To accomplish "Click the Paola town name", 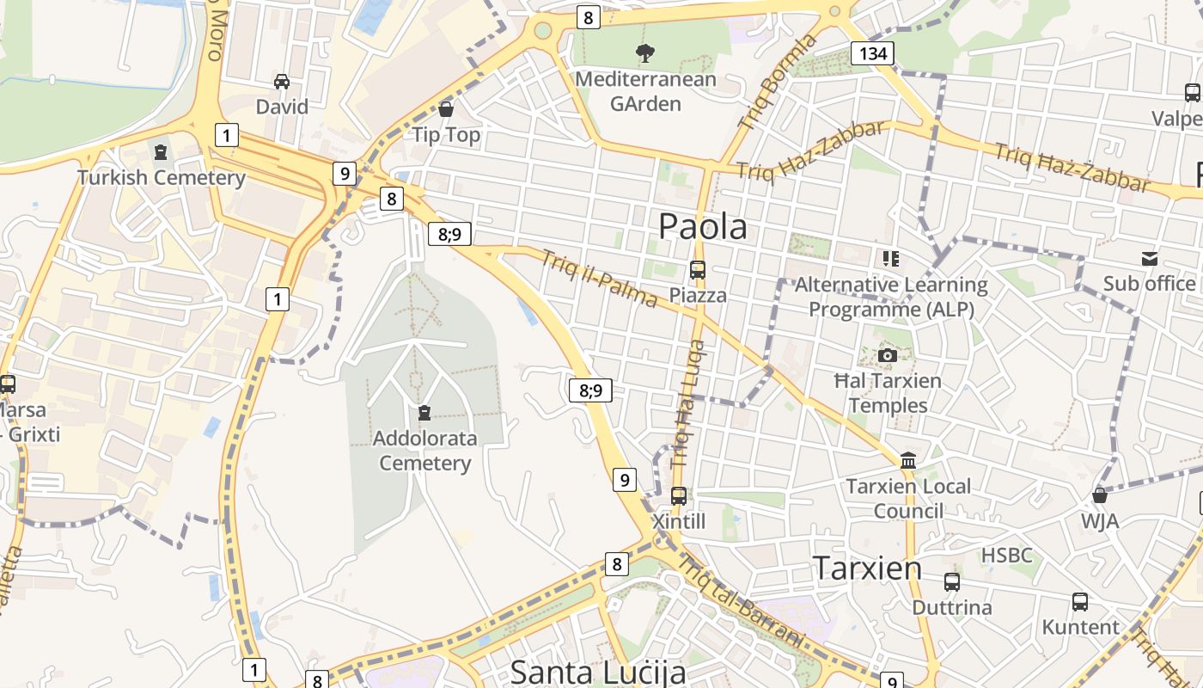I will tap(702, 226).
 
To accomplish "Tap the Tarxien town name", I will tap(867, 568).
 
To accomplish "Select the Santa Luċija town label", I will tap(598, 673).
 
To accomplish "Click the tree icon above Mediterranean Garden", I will tap(644, 54).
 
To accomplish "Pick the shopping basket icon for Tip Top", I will tap(446, 109).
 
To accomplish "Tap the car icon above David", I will tap(282, 82).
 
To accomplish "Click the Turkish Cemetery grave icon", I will tap(161, 152).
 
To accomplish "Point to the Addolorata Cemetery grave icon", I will tap(424, 413).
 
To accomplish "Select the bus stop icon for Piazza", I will tap(698, 269).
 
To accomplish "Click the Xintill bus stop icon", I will tap(679, 495).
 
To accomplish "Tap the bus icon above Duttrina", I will tap(951, 581).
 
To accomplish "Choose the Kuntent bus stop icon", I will tap(1080, 601).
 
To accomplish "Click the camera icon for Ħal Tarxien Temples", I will tap(888, 355).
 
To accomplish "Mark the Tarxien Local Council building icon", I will tap(908, 460).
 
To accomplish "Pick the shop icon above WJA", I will tap(1099, 495).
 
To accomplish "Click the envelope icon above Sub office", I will tap(1149, 258).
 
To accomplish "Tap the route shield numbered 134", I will tap(872, 54).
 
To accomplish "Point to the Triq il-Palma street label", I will tap(600, 278).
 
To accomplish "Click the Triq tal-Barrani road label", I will tap(742, 601).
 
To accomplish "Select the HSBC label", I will tap(1006, 556).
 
